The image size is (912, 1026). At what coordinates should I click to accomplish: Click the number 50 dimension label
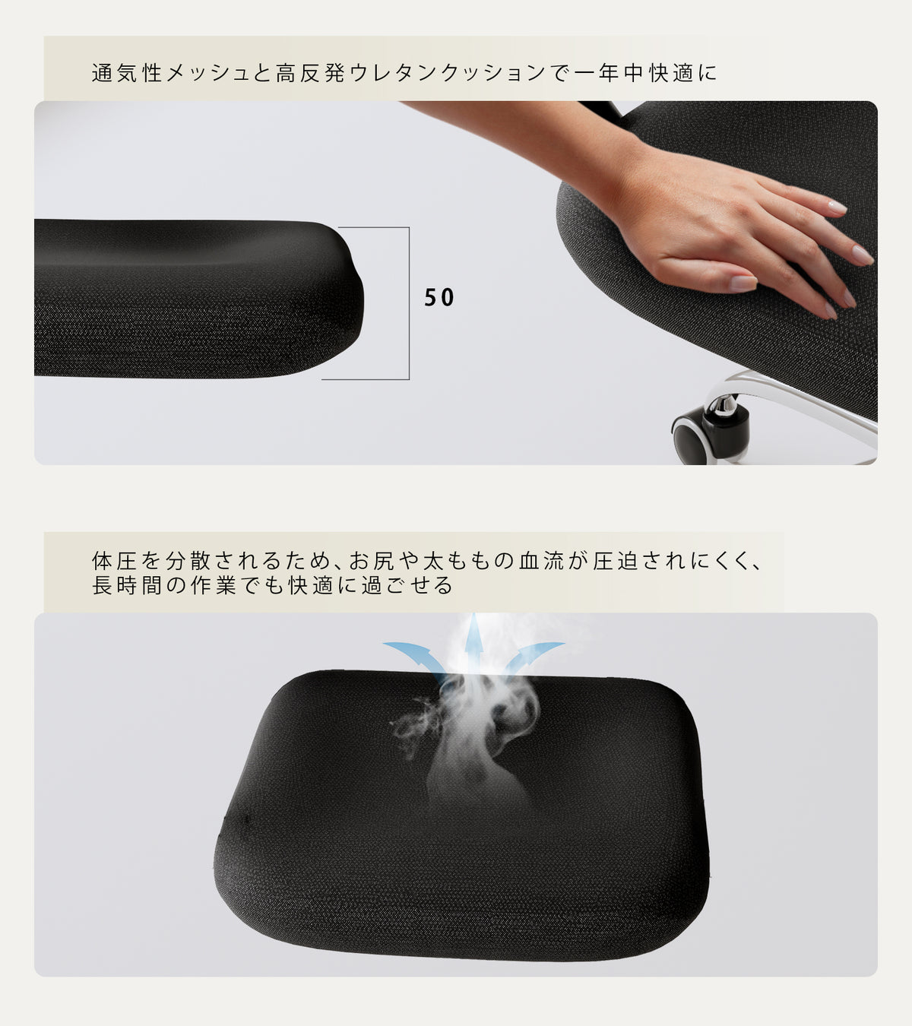439,298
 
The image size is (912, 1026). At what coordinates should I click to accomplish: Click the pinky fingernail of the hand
831,309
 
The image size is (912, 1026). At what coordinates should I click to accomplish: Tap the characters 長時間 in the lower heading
126,585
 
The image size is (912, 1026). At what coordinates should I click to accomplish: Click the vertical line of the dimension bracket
409,302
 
